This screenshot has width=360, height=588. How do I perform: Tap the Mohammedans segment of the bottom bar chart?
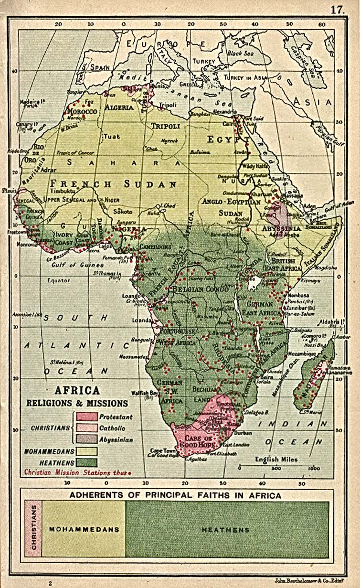84,529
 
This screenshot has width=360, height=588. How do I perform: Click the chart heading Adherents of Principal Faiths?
175,495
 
